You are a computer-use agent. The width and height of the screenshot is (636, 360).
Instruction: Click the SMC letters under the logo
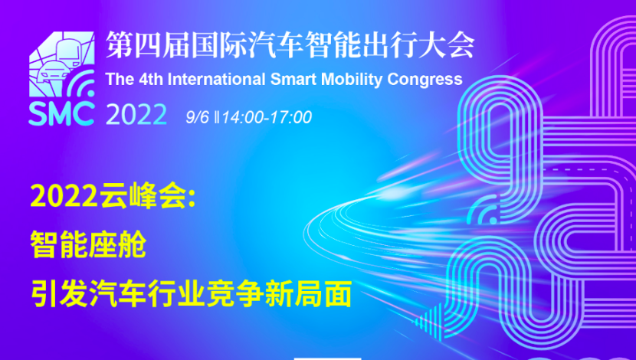pos(61,114)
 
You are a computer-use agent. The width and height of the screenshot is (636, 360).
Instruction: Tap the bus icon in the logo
pos(68,53)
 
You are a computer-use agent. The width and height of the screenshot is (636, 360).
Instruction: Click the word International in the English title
pos(216,79)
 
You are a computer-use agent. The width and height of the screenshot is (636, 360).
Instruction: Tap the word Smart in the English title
pos(293,79)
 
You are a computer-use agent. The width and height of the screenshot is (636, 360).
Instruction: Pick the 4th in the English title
pos(151,79)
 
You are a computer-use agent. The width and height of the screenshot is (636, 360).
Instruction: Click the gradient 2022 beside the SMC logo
pos(136,114)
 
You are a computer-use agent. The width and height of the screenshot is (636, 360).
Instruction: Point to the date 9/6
pos(197,117)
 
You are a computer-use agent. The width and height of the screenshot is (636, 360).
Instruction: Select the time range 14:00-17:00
pos(267,117)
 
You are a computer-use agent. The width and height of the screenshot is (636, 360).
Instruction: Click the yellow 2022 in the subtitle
pos(64,197)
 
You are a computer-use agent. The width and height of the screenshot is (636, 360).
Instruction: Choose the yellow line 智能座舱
pos(88,244)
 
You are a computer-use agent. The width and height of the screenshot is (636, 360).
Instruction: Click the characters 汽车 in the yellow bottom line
pos(118,294)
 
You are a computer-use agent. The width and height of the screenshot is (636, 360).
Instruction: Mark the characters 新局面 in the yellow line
pos(308,294)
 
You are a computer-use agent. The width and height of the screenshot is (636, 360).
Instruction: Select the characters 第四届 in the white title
pos(147,44)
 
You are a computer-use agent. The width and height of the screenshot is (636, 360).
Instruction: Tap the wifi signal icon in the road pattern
pos(484,210)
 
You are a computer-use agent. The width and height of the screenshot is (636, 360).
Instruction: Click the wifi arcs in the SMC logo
pos(81,83)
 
